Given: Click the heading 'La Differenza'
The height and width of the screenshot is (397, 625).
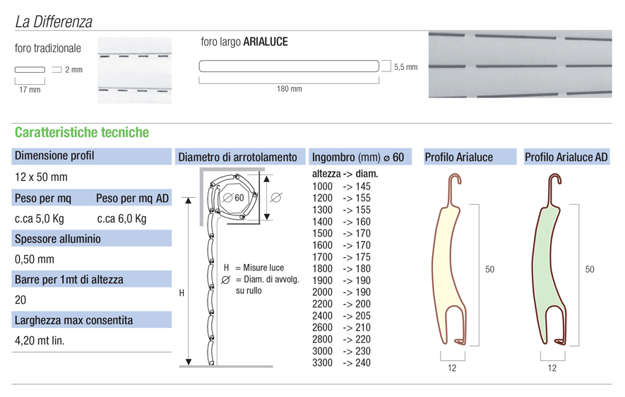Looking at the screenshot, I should (54, 22).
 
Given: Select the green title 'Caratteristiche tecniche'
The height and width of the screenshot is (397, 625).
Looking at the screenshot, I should (82, 132).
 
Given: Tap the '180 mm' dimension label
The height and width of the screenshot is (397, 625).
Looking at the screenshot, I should (289, 89).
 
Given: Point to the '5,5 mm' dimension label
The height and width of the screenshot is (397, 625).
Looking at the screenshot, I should (405, 67).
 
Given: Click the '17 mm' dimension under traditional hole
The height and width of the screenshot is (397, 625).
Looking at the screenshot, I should (30, 90).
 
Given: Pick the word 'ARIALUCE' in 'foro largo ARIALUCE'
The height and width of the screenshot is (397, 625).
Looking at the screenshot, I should (266, 42).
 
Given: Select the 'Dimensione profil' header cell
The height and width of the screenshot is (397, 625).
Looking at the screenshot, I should (54, 156).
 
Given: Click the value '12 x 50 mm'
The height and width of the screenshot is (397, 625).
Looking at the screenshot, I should (41, 177).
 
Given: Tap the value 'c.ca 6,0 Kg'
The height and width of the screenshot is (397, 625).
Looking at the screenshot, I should (121, 218).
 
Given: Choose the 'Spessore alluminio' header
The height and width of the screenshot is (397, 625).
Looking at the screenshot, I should (58, 239).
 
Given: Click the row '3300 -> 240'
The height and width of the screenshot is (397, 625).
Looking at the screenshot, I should (341, 363).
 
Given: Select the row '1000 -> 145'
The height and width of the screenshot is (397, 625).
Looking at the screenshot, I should (341, 186).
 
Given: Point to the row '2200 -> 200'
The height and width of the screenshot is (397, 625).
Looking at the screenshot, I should (341, 304).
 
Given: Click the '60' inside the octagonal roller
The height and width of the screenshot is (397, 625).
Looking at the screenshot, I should (239, 198).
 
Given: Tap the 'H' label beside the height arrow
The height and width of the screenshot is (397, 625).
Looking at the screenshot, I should (181, 292).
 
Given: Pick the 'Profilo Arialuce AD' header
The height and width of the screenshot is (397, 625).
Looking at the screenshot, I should (566, 157).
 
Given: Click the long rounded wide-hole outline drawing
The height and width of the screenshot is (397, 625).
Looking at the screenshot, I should (289, 66).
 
